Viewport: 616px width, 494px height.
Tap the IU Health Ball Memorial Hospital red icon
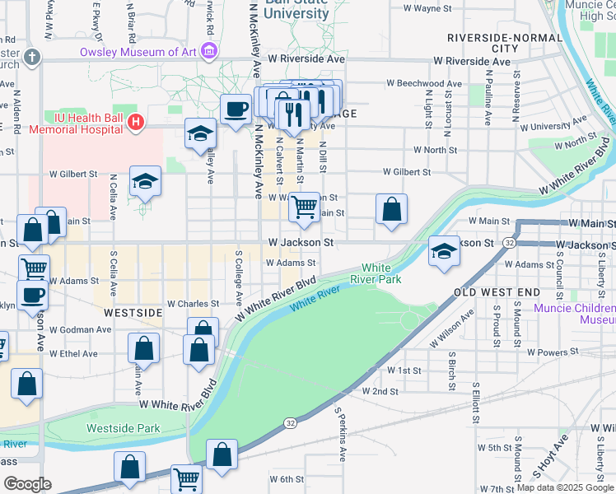tap(136, 123)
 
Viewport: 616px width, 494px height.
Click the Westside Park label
tap(124, 428)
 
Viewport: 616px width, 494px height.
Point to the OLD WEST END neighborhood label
tap(497, 292)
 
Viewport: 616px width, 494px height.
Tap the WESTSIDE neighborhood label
tap(133, 314)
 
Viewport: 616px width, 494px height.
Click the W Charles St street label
tap(194, 304)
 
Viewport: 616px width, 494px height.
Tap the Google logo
tap(28, 484)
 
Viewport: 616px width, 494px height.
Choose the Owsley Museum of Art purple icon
tap(209, 52)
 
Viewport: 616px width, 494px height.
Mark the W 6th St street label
tap(287, 479)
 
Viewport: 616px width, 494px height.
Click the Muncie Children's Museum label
tap(575, 314)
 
